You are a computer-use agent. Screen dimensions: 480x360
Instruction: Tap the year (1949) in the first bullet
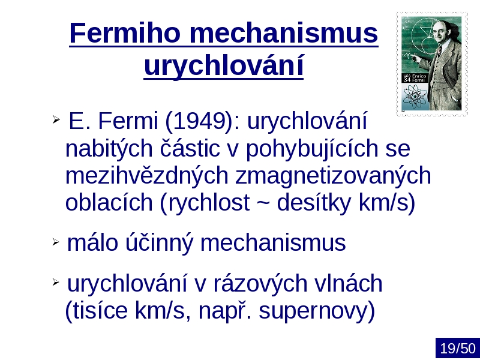pyautogui.click(x=200, y=121)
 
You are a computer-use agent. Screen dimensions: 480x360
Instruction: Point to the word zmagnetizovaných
pyautogui.click(x=333, y=176)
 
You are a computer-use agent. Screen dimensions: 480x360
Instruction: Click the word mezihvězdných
pyautogui.click(x=147, y=175)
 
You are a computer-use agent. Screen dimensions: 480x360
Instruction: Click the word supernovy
pyautogui.click(x=317, y=311)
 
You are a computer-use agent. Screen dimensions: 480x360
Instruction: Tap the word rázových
pyautogui.click(x=260, y=283)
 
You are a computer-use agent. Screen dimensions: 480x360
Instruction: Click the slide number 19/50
pyautogui.click(x=458, y=349)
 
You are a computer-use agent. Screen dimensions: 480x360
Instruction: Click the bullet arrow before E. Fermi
pyautogui.click(x=56, y=119)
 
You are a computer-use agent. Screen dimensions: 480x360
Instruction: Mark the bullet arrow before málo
pyautogui.click(x=56, y=242)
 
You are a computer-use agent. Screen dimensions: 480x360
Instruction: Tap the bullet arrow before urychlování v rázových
pyautogui.click(x=56, y=282)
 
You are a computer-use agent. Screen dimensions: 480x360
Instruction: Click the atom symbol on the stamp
pyautogui.click(x=415, y=97)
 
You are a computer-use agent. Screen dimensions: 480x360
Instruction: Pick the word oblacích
pyautogui.click(x=109, y=202)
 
